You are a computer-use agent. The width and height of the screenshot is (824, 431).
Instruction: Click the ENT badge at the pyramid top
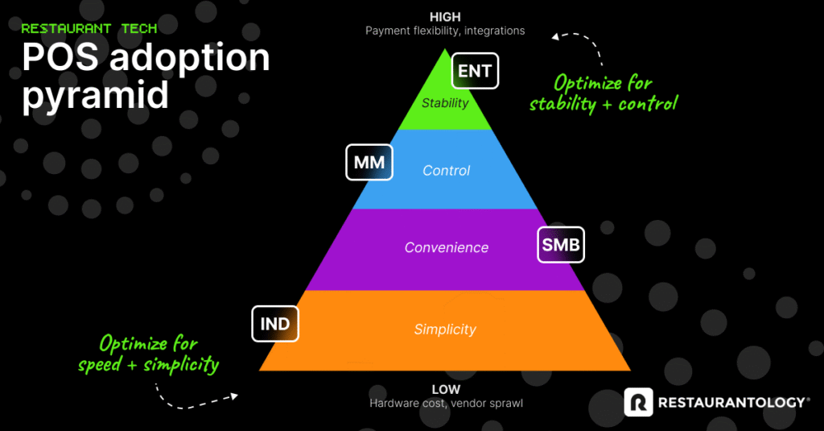[x=475, y=71]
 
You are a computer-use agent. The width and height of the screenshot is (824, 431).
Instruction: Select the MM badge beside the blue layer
[x=369, y=163]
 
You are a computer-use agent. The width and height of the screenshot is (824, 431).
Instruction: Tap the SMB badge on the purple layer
[x=561, y=245]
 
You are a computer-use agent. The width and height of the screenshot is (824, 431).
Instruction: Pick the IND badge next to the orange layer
[x=275, y=325]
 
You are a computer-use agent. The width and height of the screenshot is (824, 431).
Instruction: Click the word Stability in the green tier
[x=445, y=103]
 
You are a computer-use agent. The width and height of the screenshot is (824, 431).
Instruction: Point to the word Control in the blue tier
[x=447, y=171]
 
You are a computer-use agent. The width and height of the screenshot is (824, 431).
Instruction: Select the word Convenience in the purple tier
[x=446, y=247]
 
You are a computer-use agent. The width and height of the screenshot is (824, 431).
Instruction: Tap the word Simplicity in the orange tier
[x=445, y=329]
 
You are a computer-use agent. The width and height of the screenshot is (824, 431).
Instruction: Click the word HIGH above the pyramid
[x=445, y=16]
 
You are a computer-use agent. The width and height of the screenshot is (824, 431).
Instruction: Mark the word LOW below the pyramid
[x=445, y=389]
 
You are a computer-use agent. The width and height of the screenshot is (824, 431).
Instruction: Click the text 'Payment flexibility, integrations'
[x=445, y=31]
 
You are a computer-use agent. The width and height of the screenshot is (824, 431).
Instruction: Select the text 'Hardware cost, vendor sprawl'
[x=445, y=403]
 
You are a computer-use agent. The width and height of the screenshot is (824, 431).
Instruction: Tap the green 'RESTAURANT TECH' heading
[x=89, y=28]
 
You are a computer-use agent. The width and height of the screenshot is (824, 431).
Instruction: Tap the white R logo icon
[x=638, y=402]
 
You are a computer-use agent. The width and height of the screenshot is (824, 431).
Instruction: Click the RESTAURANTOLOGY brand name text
[x=731, y=402]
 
